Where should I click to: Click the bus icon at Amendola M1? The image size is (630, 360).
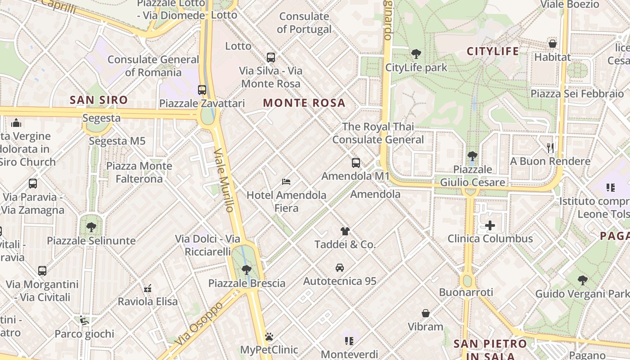[x=355, y=162]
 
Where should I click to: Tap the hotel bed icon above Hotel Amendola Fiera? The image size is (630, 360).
[x=286, y=182]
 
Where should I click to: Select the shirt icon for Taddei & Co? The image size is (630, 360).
[x=345, y=231]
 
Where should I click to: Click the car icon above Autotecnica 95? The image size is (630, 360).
[x=340, y=268]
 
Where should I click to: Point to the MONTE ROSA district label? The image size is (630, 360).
[x=304, y=103]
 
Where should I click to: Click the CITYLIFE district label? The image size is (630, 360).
[x=493, y=51]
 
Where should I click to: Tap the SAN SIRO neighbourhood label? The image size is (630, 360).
[x=99, y=100]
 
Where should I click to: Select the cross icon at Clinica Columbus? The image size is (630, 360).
[x=490, y=225]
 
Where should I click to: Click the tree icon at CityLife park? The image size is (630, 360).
[x=416, y=54]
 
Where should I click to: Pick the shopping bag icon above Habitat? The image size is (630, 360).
[x=552, y=44]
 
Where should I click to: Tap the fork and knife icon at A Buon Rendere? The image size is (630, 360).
[x=550, y=148]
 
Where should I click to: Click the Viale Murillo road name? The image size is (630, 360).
[x=224, y=180]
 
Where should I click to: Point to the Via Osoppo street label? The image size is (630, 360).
[x=199, y=324]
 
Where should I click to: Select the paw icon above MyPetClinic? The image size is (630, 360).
[x=269, y=337]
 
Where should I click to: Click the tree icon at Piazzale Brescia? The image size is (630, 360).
[x=246, y=270]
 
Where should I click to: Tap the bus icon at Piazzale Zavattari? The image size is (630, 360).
[x=202, y=90]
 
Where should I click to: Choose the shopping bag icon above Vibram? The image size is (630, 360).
[x=425, y=313]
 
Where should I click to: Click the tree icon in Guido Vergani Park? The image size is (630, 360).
[x=583, y=280]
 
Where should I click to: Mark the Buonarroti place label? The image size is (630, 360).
[x=466, y=292]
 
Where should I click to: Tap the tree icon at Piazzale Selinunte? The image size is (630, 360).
[x=91, y=227]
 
